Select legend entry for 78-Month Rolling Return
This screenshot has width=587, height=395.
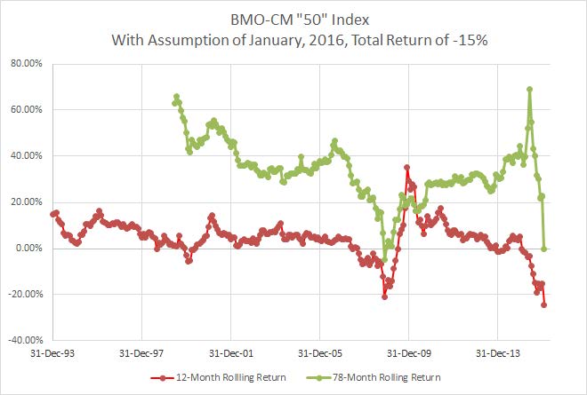(x=390, y=377)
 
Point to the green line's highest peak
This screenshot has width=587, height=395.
(x=530, y=89)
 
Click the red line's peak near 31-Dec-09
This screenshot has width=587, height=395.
(x=406, y=167)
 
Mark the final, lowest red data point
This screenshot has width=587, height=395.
(x=544, y=304)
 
